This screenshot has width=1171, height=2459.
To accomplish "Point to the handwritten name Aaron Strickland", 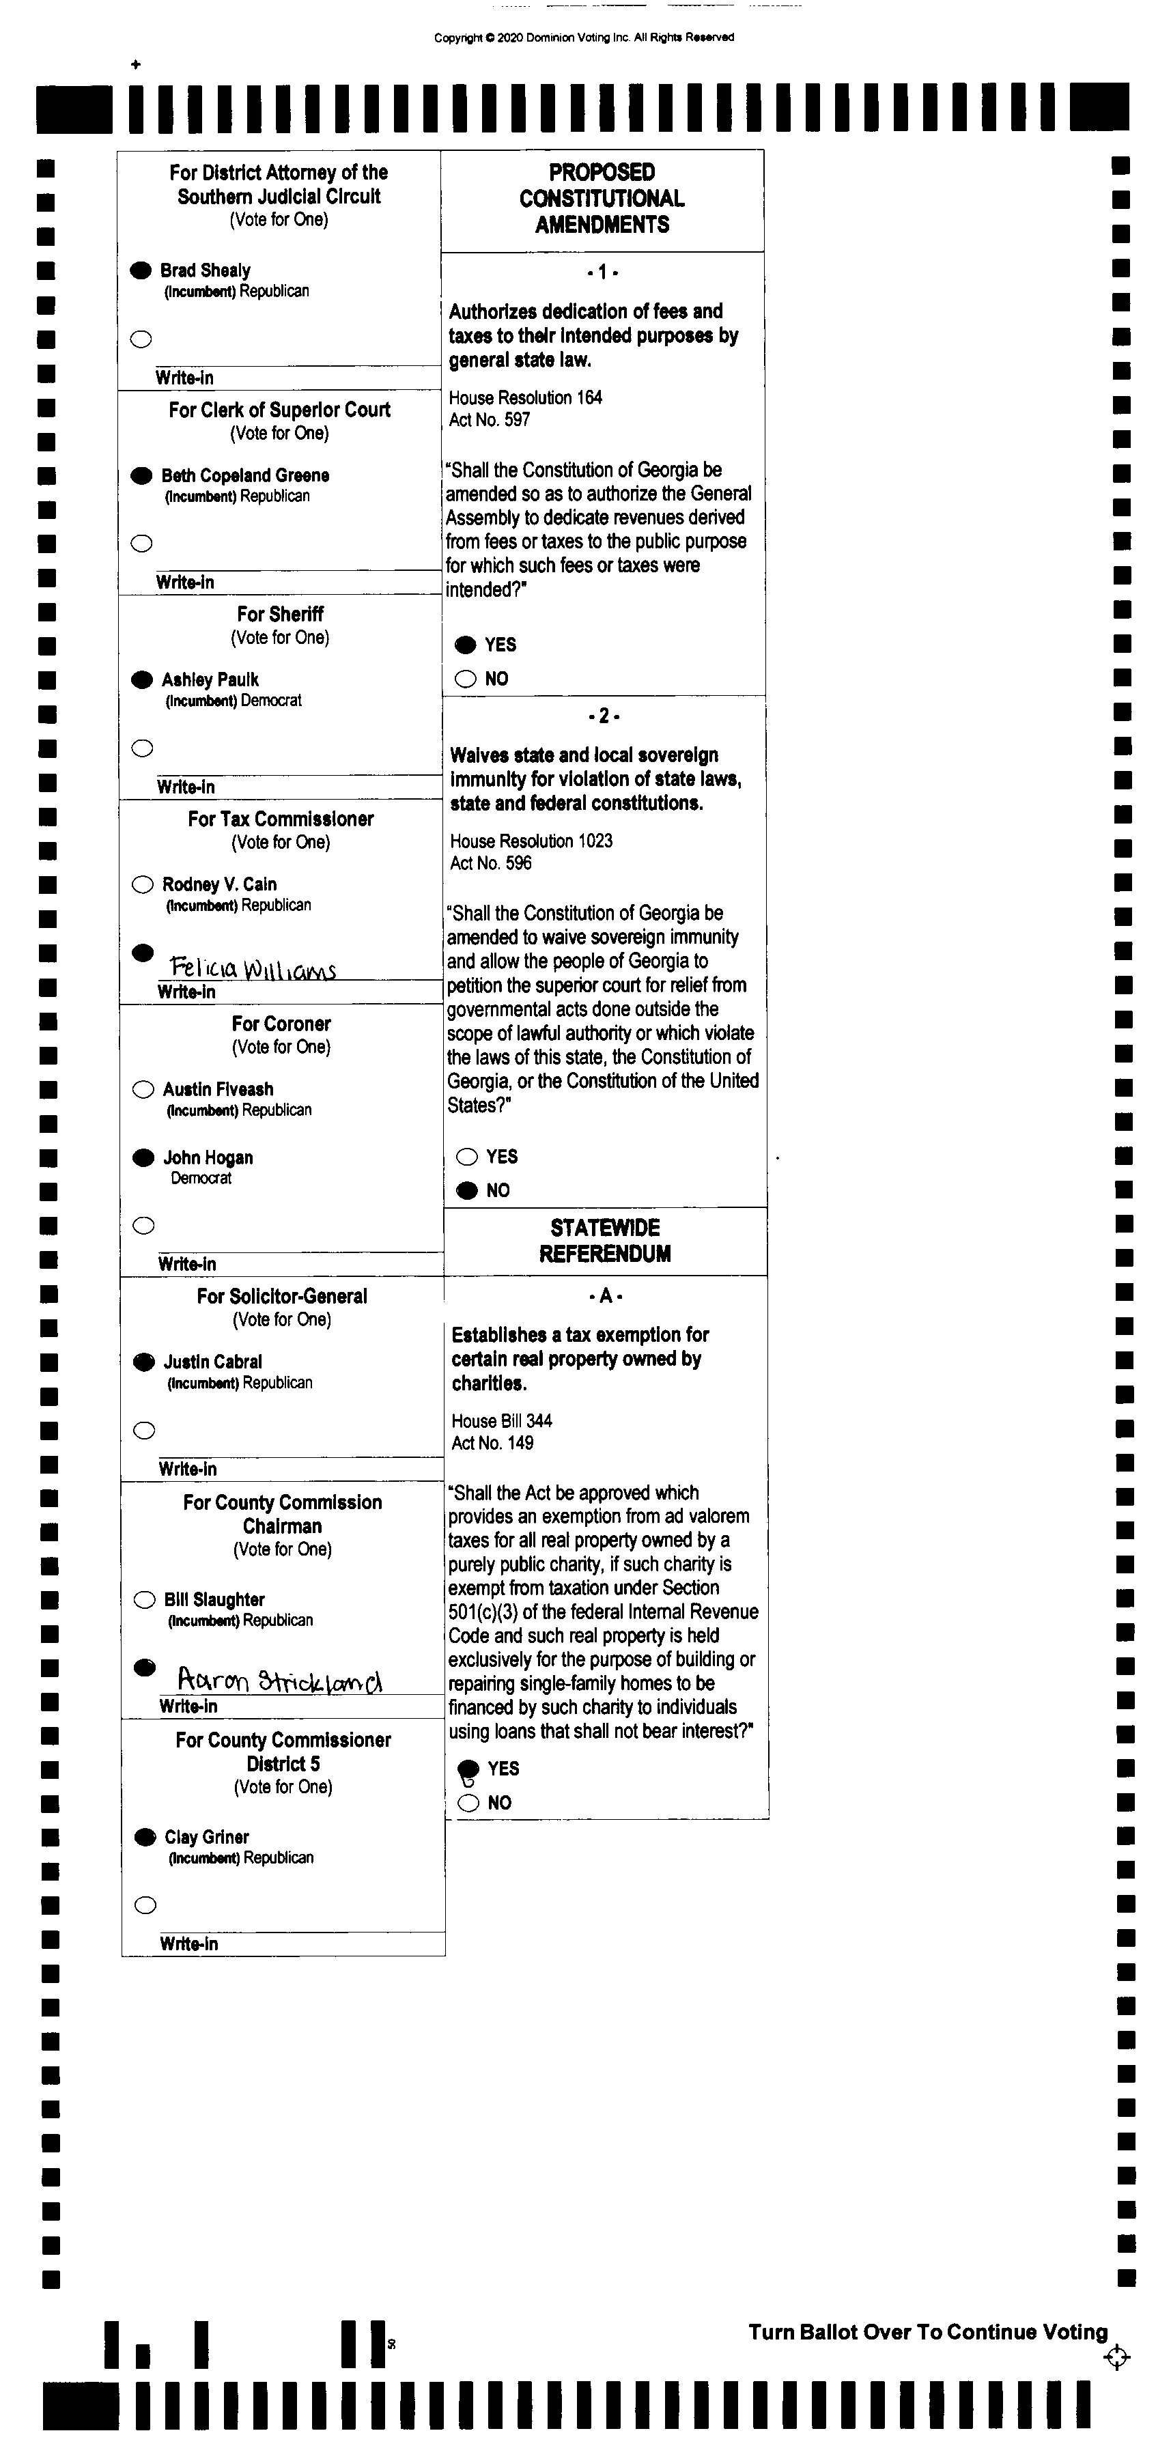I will [280, 1680].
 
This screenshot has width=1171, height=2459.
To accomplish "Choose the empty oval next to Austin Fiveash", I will [143, 1089].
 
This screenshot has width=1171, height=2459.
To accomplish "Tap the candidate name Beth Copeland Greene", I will [245, 475].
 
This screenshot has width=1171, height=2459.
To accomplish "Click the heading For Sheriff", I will [280, 614].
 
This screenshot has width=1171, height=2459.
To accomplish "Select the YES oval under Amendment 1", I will [465, 645].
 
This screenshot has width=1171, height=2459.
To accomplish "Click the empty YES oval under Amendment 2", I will [466, 1157].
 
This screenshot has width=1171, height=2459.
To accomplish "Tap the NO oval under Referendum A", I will [468, 1802].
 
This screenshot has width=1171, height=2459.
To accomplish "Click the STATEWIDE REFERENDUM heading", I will [605, 1241].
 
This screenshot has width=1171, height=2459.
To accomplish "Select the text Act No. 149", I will [492, 1442].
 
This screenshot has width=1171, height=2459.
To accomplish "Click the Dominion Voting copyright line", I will [584, 38].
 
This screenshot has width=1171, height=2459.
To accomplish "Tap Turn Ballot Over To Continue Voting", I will [928, 2332].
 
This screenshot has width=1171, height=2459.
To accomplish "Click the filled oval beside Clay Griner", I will [145, 1837].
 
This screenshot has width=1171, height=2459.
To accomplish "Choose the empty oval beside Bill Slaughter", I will [144, 1600].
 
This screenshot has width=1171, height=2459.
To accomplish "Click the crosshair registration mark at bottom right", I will [1116, 2357].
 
